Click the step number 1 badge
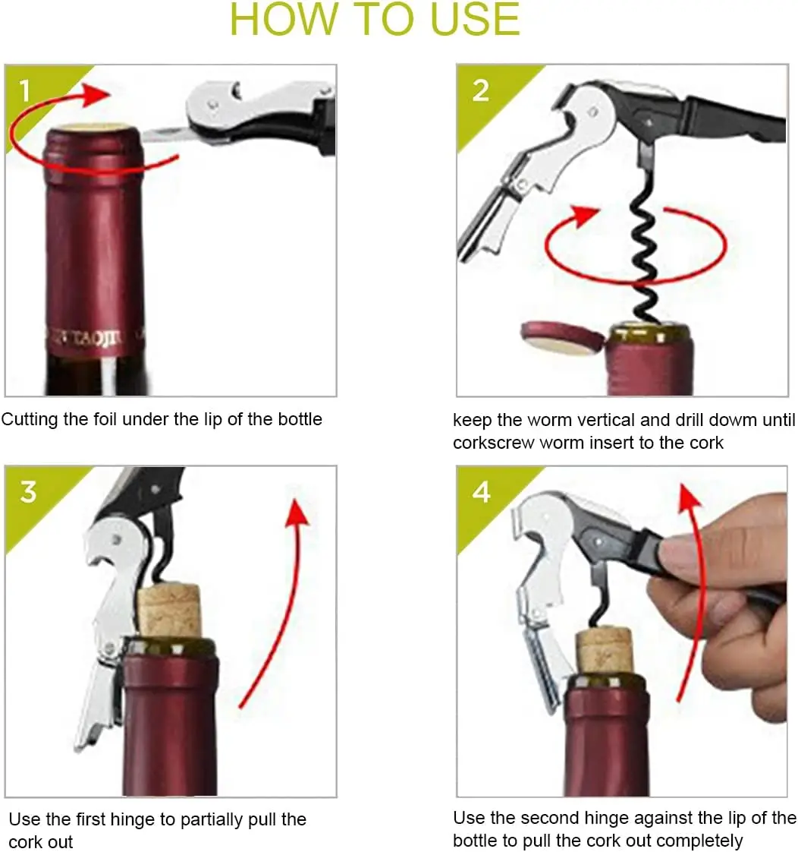(25, 92)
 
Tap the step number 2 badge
(481, 91)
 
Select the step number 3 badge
(28, 492)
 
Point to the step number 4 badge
(482, 492)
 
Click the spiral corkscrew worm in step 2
(647, 251)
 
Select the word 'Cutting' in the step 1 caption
(30, 419)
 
